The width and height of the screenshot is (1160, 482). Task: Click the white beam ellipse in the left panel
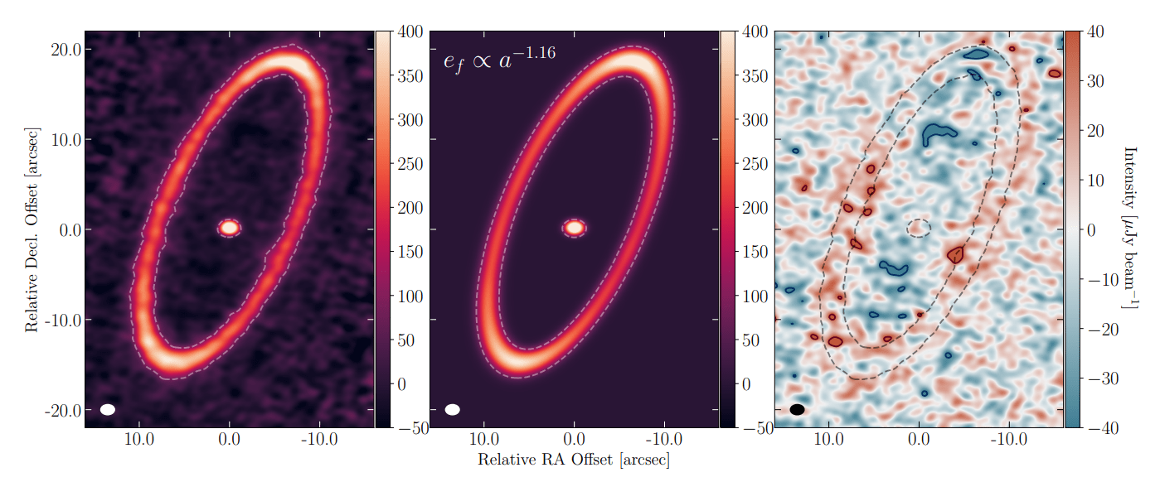point(108,409)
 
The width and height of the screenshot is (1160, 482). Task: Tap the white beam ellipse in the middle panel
point(452,409)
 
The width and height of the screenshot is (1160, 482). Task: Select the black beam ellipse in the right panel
point(797,409)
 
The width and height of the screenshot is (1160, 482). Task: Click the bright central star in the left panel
point(230,227)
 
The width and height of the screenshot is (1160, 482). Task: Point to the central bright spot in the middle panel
point(574,227)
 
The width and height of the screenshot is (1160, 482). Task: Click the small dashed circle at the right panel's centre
point(919,228)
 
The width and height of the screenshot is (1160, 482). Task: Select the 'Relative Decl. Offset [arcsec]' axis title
point(32,229)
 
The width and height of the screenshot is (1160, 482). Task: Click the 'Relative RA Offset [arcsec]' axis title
point(573,459)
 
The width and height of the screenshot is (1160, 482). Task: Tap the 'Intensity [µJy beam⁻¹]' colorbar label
point(1128,229)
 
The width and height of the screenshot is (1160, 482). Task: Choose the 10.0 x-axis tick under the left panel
point(139,440)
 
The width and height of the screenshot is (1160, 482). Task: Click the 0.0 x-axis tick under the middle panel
point(574,440)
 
